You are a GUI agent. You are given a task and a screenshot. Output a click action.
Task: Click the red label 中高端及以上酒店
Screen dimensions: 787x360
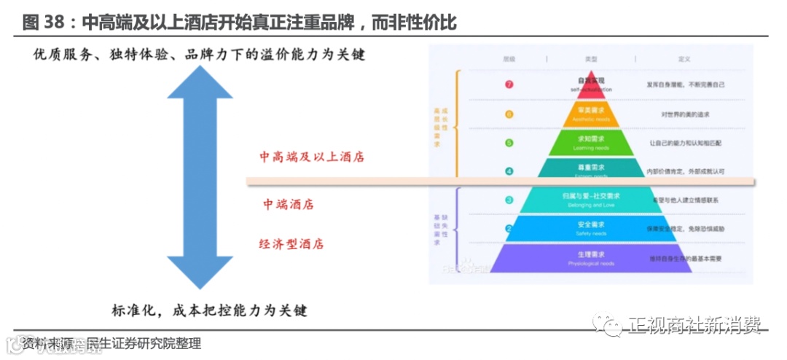tap(312, 157)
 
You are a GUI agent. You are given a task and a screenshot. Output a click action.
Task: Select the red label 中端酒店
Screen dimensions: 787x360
tap(289, 205)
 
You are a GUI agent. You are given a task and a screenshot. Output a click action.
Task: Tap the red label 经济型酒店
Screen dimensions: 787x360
tap(291, 244)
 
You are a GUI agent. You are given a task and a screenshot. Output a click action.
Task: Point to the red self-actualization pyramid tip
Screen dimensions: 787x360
tap(591, 84)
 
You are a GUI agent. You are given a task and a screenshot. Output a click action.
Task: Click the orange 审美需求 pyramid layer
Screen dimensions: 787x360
tap(591, 114)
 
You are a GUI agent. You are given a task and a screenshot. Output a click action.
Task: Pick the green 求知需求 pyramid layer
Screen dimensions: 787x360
tap(591, 142)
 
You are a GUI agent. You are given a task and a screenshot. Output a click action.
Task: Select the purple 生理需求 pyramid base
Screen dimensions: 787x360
tap(591, 257)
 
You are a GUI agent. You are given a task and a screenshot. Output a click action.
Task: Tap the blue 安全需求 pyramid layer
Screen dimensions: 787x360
tap(591, 228)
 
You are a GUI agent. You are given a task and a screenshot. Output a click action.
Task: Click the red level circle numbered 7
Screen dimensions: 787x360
tap(509, 85)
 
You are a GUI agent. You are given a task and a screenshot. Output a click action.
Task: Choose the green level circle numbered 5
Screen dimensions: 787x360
tap(509, 143)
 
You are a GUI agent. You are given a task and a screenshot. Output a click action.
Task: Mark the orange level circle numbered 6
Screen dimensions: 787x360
tap(509, 114)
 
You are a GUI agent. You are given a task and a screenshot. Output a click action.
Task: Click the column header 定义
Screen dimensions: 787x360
tap(684, 58)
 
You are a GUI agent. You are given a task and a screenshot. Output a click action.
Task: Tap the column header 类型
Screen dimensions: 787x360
tap(591, 58)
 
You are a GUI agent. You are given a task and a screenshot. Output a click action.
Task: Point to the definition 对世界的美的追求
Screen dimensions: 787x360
tap(685, 114)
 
